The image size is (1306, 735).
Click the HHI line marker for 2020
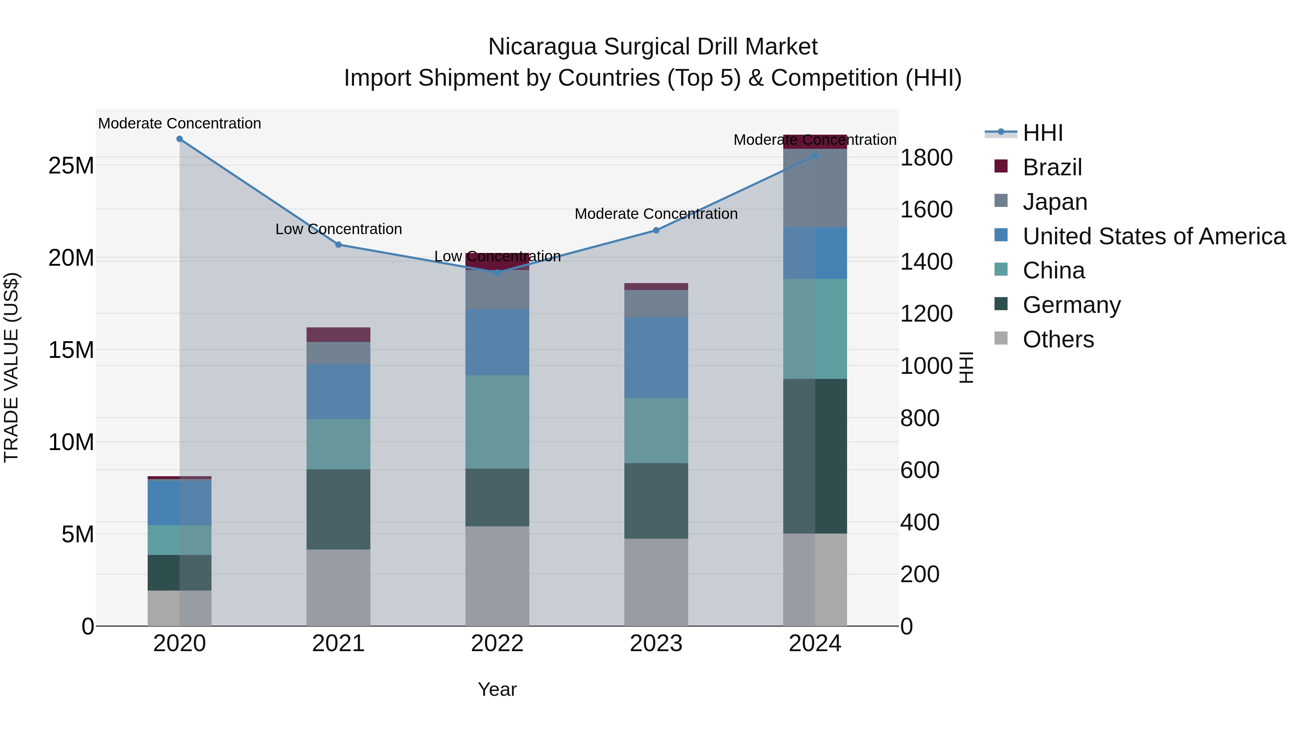click(180, 139)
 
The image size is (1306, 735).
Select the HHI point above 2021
click(339, 245)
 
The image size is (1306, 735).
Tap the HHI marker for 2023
click(656, 230)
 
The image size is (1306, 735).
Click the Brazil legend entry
click(1052, 167)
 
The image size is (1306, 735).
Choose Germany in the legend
click(1071, 305)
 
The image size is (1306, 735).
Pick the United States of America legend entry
click(1153, 236)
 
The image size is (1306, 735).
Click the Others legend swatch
click(1001, 338)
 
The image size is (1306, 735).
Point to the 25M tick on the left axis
click(71, 166)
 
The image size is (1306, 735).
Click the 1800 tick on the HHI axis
click(926, 158)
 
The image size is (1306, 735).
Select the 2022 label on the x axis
click(497, 644)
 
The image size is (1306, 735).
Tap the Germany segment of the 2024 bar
click(815, 456)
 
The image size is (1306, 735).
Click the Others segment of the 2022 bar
click(497, 576)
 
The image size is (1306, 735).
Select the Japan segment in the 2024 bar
click(815, 188)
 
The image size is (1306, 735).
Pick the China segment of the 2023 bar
click(656, 430)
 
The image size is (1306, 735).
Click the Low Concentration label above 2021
click(339, 229)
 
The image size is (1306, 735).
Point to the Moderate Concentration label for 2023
click(656, 214)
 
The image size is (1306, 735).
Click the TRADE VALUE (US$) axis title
click(11, 367)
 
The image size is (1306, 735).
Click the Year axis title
click(497, 689)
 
